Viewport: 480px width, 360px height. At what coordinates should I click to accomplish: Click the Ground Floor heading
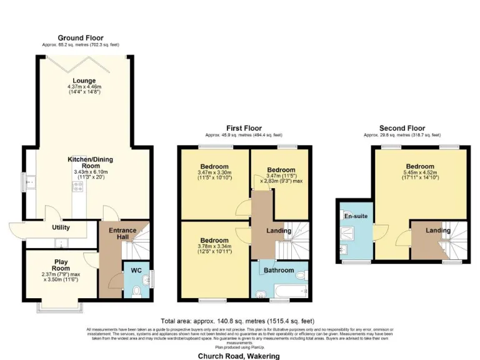81,38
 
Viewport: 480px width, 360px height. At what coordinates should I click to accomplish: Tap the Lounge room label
84,81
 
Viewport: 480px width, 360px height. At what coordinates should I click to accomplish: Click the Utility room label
61,227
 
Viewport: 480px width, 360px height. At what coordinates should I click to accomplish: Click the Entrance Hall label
122,234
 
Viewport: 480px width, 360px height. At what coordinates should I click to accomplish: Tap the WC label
136,271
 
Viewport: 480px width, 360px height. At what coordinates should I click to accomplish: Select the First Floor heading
244,127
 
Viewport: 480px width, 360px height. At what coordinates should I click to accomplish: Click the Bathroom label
278,270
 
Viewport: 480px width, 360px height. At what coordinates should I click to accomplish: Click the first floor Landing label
278,231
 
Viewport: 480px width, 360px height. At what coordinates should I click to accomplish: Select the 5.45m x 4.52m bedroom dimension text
419,173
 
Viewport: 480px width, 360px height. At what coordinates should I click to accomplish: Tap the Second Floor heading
402,128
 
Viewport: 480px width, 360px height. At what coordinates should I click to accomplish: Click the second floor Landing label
438,231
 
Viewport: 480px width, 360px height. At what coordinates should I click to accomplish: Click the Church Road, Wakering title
239,356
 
